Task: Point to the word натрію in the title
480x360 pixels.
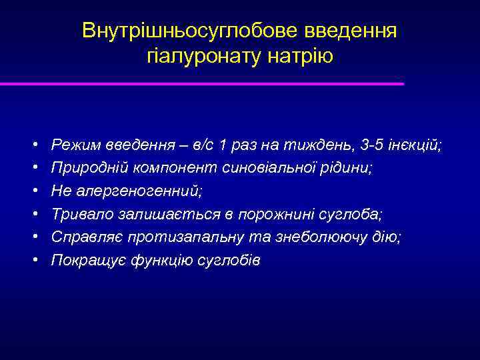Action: point(302,56)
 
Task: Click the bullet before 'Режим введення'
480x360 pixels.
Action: point(33,145)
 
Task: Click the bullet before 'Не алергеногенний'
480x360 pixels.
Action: point(33,191)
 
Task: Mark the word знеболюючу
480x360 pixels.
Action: point(331,237)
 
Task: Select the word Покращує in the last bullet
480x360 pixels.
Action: point(83,261)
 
